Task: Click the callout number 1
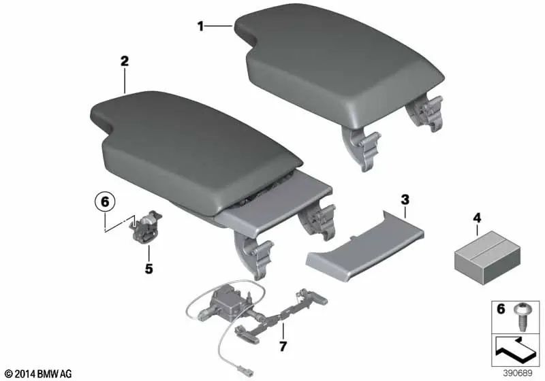[x=200, y=27]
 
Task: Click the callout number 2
[x=124, y=61]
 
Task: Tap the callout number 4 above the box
[x=476, y=218]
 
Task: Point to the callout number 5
[x=149, y=269]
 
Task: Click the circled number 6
[x=104, y=202]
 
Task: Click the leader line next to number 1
[x=219, y=27]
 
